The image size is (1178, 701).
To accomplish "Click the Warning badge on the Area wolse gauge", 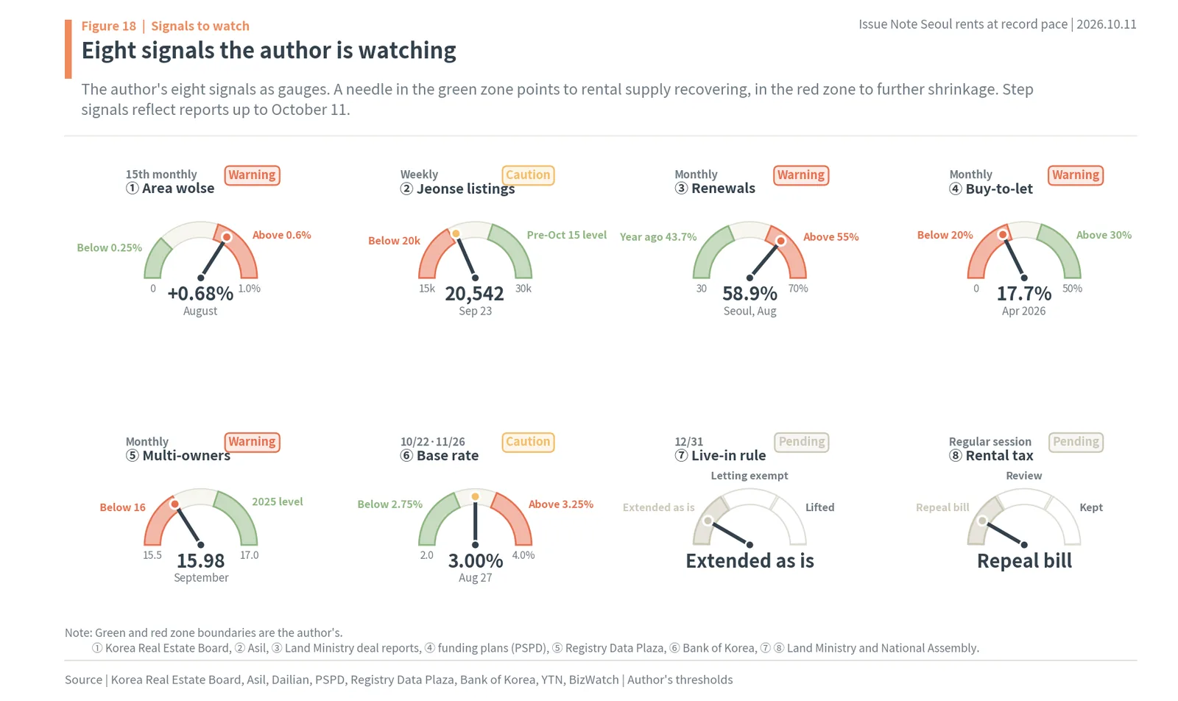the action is pyautogui.click(x=252, y=175).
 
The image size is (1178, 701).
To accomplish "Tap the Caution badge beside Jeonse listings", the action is pyautogui.click(x=528, y=175).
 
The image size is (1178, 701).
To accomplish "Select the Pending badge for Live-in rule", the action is pyautogui.click(x=802, y=442).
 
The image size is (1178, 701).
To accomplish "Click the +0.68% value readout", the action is pyautogui.click(x=200, y=294).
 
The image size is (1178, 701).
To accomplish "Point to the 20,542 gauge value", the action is pyautogui.click(x=474, y=294).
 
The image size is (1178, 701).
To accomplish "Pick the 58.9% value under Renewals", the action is pyautogui.click(x=750, y=294).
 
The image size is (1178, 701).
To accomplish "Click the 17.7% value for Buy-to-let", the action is pyautogui.click(x=1024, y=294).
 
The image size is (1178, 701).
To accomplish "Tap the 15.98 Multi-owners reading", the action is pyautogui.click(x=200, y=560).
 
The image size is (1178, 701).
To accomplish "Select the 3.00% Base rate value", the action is pyautogui.click(x=476, y=560).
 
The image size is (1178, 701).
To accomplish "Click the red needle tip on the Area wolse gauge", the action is pyautogui.click(x=227, y=237).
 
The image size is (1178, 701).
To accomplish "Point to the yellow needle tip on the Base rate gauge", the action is pyautogui.click(x=475, y=496).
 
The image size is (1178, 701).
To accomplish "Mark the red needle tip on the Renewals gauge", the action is pyautogui.click(x=781, y=241).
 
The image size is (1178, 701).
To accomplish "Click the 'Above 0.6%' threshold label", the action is pyautogui.click(x=282, y=235).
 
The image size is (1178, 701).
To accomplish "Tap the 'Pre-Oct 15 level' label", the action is pyautogui.click(x=566, y=235).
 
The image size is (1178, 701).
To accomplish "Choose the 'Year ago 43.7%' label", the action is pyautogui.click(x=658, y=237).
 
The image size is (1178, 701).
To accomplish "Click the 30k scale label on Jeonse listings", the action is pyautogui.click(x=523, y=288).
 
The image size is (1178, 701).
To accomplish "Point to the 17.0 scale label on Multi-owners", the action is pyautogui.click(x=250, y=554).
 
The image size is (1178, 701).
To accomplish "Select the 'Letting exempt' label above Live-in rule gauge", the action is pyautogui.click(x=750, y=476).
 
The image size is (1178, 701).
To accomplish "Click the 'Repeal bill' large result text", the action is pyautogui.click(x=1024, y=561).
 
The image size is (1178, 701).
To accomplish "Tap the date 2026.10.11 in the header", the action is pyautogui.click(x=1107, y=25).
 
